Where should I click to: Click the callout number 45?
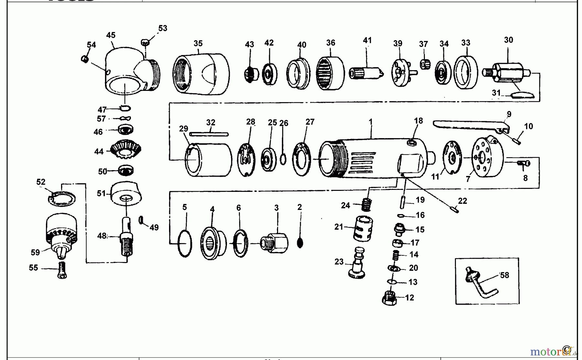coord(111,35)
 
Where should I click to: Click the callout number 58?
coord(504,275)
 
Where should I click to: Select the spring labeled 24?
coord(366,205)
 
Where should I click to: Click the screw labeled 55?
coord(63,270)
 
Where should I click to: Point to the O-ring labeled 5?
coord(185,244)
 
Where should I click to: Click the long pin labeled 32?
coord(209,134)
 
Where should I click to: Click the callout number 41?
coord(367,40)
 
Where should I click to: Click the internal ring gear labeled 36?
coord(330,73)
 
